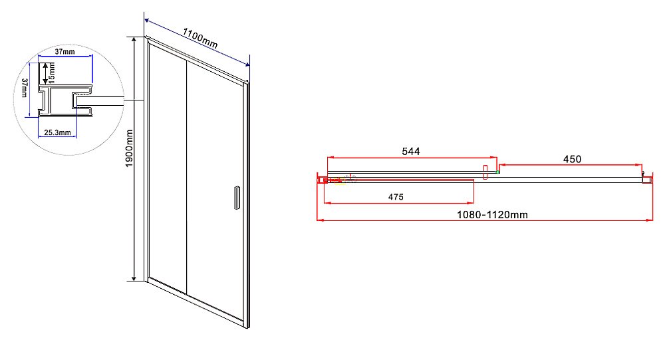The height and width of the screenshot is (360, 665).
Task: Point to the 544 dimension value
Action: pos(410,151)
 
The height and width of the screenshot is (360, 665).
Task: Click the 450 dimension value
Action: pos(572,159)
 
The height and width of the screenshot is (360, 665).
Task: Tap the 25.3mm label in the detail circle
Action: pos(57,133)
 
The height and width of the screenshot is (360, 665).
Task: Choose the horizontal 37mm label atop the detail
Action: pos(65,51)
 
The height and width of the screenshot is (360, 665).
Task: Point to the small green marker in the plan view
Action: pos(497,172)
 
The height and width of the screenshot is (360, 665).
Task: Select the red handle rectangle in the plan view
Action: pos(486,171)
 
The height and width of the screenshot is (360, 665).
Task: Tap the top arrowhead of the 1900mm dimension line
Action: pos(135,40)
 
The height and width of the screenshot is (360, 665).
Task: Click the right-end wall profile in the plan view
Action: pos(644,177)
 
